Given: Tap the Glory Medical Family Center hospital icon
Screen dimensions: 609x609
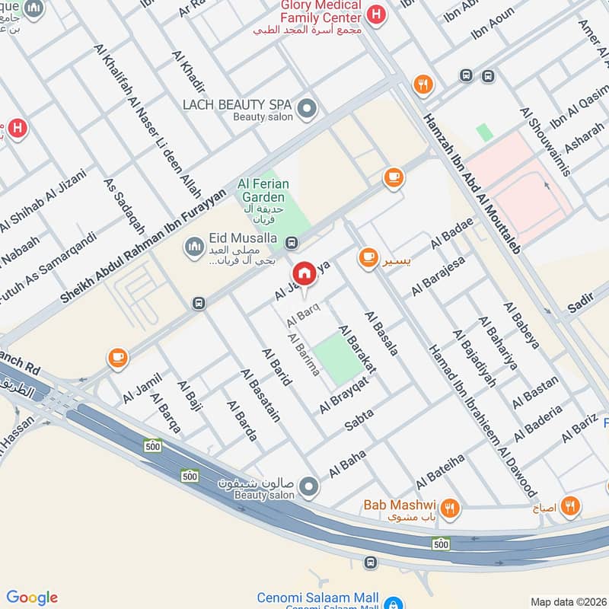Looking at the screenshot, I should tap(375, 13).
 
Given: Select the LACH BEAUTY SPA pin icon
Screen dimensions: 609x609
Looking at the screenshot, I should tap(307, 110).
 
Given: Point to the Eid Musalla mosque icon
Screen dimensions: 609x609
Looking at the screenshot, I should tap(193, 246).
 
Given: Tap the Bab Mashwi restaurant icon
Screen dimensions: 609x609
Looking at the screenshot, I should tap(451, 506).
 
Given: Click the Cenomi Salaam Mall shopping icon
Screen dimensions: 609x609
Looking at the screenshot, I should tap(393, 601).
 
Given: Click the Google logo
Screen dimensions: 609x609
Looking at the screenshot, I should tap(32, 597).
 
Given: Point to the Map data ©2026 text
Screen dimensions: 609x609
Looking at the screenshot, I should tap(569, 601).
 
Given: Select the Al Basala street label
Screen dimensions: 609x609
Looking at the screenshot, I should tap(381, 333).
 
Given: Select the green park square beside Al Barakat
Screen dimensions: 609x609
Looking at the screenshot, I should tap(337, 358).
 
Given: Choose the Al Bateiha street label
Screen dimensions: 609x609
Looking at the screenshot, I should tap(439, 472).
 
